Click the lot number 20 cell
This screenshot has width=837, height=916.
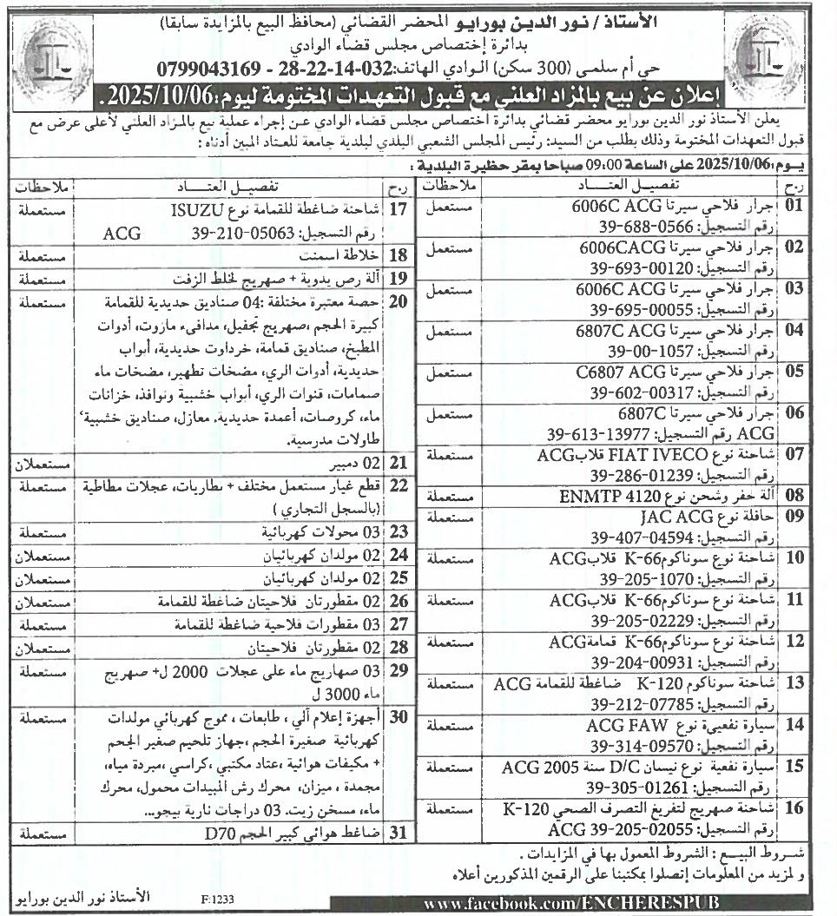click(399, 302)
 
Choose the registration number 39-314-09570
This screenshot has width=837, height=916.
click(636, 746)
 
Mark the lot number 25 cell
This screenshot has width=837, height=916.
click(399, 577)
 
